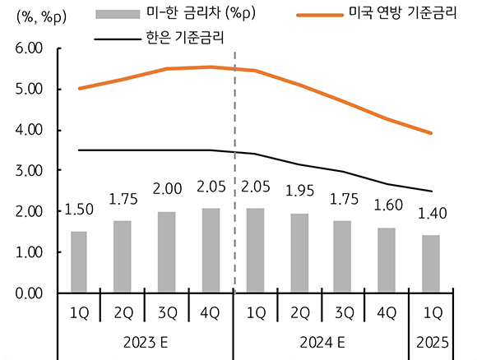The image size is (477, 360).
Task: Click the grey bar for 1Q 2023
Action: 79,261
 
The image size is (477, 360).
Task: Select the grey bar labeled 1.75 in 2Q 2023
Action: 122,256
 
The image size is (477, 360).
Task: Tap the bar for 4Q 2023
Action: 211,250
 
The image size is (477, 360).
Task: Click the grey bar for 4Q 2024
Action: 387,260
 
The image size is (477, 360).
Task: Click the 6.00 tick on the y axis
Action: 28,49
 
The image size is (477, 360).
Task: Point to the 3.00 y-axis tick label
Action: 28,171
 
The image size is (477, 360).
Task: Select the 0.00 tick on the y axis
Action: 28,293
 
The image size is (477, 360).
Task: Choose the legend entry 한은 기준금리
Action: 183,37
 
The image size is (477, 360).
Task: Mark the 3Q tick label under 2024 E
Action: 343,312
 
